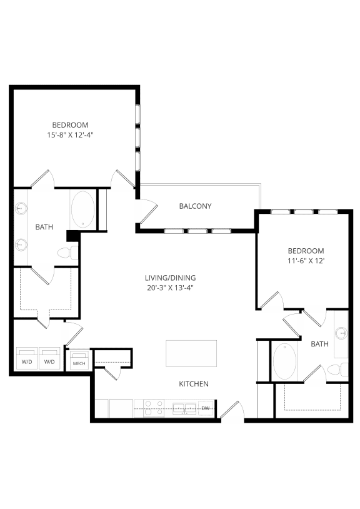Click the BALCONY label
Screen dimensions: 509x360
195,206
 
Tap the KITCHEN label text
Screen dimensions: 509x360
194,383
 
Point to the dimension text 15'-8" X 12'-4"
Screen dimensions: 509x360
70,134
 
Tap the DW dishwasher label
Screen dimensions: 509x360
206,408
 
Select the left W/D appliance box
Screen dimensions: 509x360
26,360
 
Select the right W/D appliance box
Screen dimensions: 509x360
50,360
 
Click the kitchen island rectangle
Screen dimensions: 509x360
191,353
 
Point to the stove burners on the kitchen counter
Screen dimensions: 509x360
154,408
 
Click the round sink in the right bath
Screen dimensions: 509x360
341,334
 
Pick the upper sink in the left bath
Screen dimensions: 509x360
21,208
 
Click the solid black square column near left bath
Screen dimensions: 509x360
72,236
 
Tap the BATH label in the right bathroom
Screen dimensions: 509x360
319,344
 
